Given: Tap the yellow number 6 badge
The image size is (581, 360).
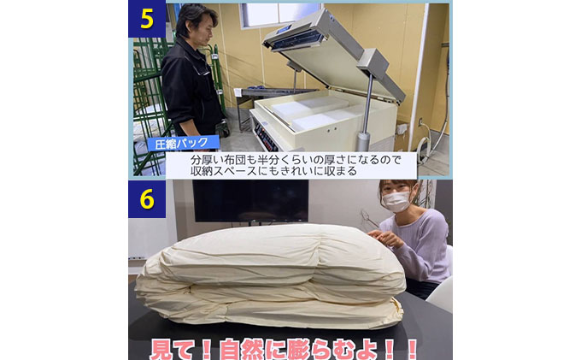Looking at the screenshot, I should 146,199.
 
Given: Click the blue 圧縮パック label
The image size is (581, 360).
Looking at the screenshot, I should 183,144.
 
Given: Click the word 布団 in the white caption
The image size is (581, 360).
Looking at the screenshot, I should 236,159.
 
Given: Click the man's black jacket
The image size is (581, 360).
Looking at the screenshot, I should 191,86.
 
